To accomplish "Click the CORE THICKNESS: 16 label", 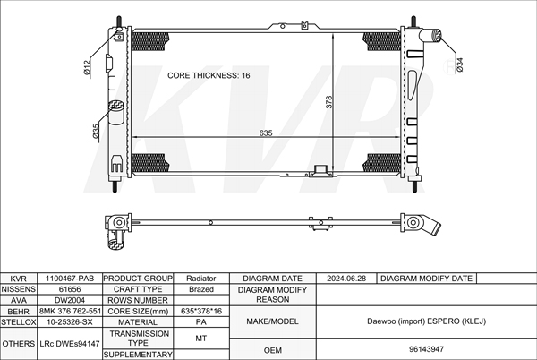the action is coord(209,75).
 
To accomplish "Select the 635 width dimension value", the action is coord(266,133).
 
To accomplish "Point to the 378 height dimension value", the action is coord(328,102).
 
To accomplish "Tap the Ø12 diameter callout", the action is coord(87,67).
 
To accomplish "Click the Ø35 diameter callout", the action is coord(96,132).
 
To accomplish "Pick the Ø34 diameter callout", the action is coord(460,64).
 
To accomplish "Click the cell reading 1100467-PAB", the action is coord(70,279).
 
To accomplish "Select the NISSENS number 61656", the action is coord(70,289).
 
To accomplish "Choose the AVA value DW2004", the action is coord(70,300).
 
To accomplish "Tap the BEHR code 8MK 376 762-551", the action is coord(70,311).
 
